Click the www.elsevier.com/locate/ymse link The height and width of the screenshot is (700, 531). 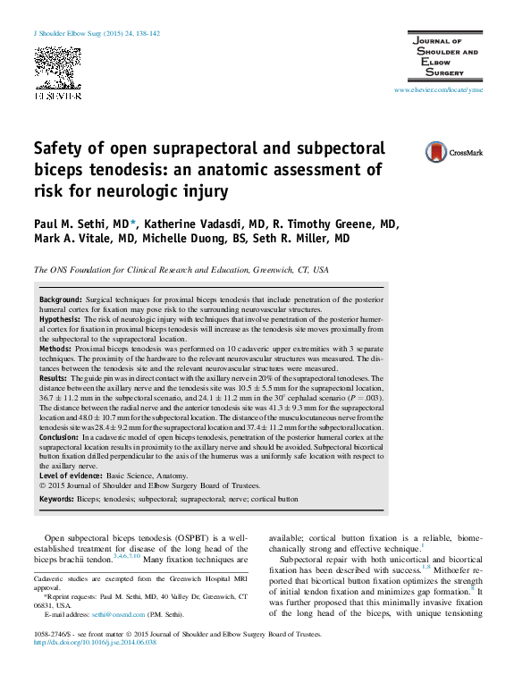438,91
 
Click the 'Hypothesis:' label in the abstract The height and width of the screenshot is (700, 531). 61,318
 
